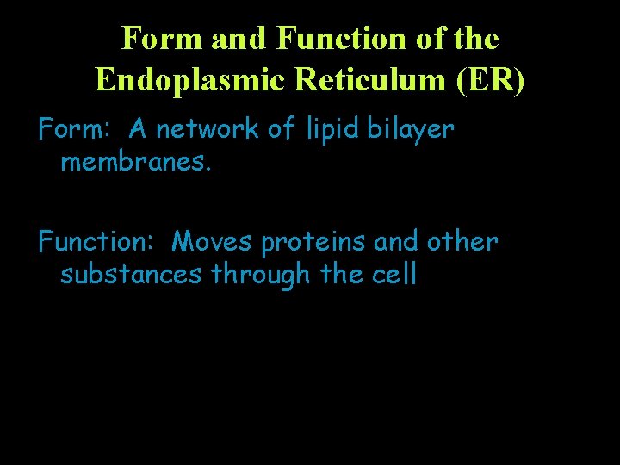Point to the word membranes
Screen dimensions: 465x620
point(135,161)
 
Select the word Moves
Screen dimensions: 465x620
point(213,243)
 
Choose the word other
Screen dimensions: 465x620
point(462,243)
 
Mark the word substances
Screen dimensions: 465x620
point(132,275)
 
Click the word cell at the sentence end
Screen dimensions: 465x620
point(394,275)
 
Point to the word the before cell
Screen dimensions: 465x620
point(342,275)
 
